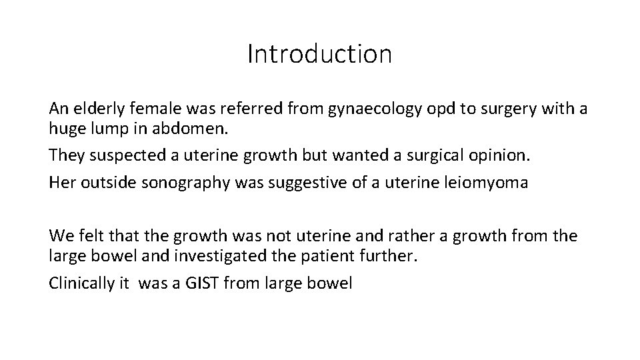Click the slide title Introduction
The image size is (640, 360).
pos(319,54)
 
